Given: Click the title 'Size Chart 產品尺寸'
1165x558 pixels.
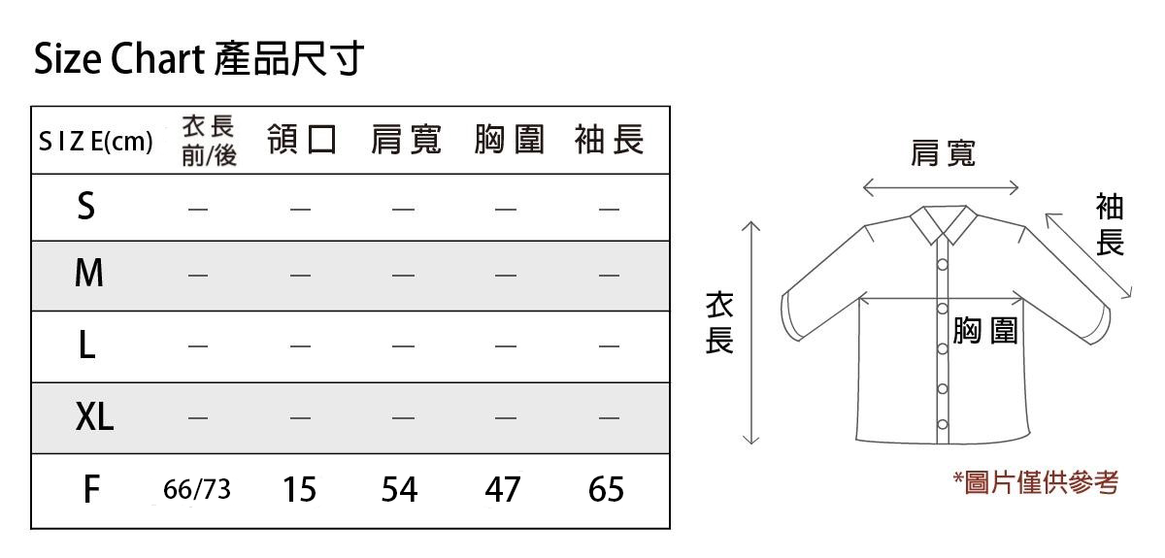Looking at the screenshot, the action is pyautogui.click(x=199, y=58).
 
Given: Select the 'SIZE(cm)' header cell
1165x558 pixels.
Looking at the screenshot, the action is pyautogui.click(x=96, y=141).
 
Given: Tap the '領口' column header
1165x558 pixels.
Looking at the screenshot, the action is pyautogui.click(x=302, y=140).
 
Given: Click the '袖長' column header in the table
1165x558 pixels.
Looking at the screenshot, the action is pyautogui.click(x=609, y=140).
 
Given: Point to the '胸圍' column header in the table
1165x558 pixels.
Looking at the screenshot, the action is pyautogui.click(x=509, y=140).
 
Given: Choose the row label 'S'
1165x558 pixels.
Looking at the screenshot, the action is pyautogui.click(x=86, y=206).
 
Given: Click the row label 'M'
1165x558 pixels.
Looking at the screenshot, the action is pyautogui.click(x=89, y=273).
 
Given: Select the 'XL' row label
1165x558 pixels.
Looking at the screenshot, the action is pyautogui.click(x=94, y=416).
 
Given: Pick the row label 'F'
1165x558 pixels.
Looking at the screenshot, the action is pyautogui.click(x=91, y=489).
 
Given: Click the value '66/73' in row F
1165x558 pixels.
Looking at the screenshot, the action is pyautogui.click(x=196, y=489).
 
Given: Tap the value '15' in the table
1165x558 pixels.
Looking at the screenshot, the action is pyautogui.click(x=300, y=489).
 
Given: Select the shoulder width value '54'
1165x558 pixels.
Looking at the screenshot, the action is pyautogui.click(x=399, y=489).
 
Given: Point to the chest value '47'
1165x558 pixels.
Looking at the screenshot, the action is pyautogui.click(x=503, y=489).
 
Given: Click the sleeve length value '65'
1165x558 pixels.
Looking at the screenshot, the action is pyautogui.click(x=606, y=489).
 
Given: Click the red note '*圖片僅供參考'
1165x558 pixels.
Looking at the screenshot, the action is pyautogui.click(x=1036, y=482).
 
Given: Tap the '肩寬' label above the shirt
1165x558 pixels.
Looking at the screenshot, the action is pyautogui.click(x=943, y=153).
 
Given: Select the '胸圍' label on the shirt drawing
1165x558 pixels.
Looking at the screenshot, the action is pyautogui.click(x=985, y=330).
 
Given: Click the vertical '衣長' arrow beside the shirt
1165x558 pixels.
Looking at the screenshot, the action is pyautogui.click(x=751, y=333).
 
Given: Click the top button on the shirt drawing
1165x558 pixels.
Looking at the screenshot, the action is pyautogui.click(x=943, y=265).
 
